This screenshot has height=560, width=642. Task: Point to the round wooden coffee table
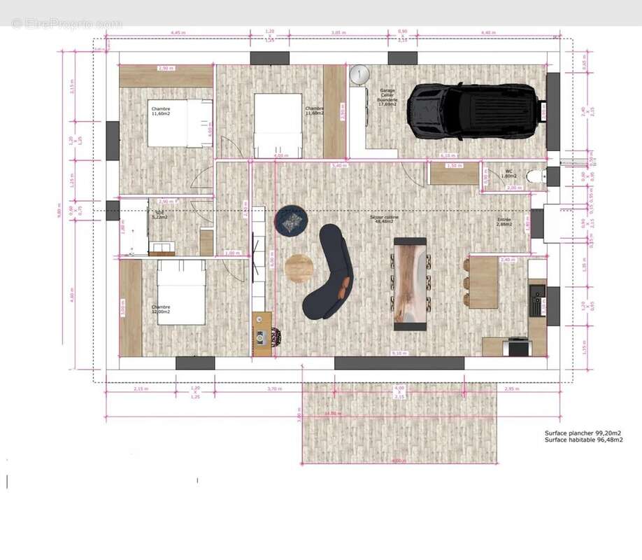coord(299,268)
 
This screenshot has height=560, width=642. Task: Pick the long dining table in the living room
coord(411,283)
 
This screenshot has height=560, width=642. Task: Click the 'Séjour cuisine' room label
coord(384,218)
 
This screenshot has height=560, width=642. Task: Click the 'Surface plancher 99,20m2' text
coord(583,433)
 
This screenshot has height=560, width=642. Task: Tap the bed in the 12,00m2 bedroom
coord(181,293)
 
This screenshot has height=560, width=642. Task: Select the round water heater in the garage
coord(359,73)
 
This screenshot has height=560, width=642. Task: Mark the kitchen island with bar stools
coord(483,283)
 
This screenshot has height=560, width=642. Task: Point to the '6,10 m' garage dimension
coord(448,155)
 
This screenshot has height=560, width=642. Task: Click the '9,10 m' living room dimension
coord(399,353)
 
